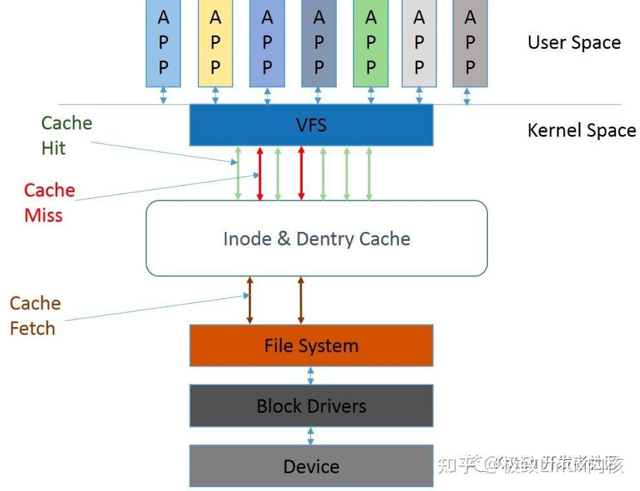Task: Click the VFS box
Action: [x=311, y=125]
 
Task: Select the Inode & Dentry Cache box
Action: [x=317, y=238]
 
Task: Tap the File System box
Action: [x=311, y=346]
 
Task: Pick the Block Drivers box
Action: [x=311, y=406]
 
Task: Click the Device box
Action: [x=311, y=466]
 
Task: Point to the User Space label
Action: [x=574, y=43]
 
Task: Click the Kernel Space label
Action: [x=582, y=131]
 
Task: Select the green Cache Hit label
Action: [x=66, y=135]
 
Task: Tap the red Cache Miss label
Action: [x=49, y=202]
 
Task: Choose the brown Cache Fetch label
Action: [x=35, y=315]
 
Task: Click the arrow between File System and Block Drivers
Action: [x=311, y=375]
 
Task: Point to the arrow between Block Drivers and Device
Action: [x=311, y=435]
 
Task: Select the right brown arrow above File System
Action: [x=301, y=300]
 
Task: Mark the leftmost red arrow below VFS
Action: [x=260, y=173]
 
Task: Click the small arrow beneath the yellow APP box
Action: [x=215, y=96]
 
